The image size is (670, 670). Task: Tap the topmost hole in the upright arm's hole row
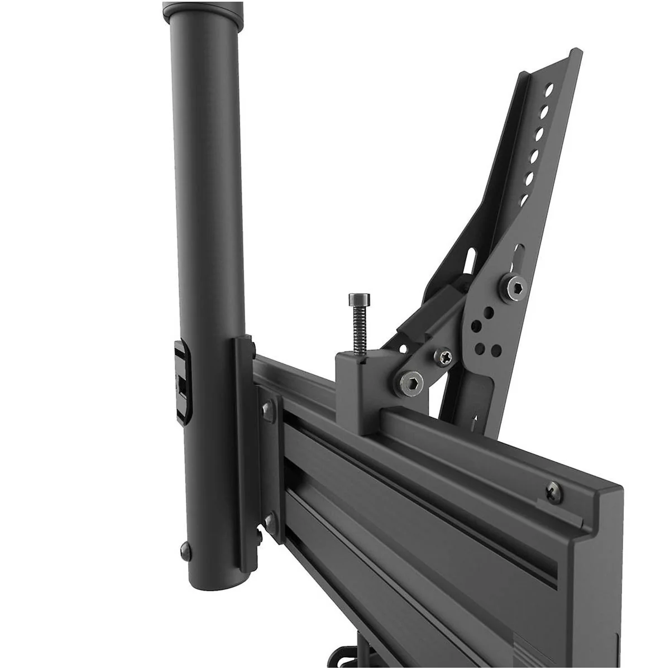551,89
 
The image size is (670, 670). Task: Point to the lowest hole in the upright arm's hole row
525,199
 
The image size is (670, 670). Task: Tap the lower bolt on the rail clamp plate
269,520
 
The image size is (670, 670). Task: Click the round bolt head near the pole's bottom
186,551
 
